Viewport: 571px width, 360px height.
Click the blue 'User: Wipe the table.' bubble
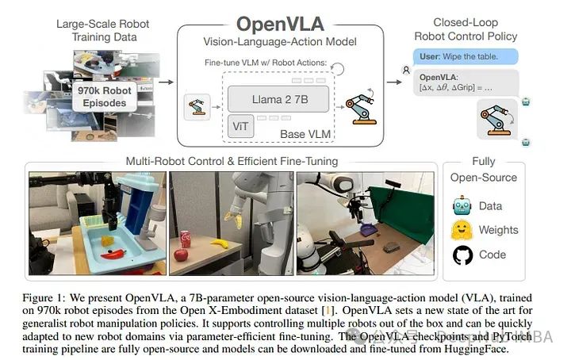coord(466,57)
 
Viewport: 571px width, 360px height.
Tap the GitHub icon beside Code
coord(462,255)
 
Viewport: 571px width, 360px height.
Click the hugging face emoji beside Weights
coord(462,231)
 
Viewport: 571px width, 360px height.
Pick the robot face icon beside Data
coord(462,206)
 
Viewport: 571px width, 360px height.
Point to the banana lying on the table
coord(220,244)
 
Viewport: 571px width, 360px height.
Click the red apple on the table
coord(181,255)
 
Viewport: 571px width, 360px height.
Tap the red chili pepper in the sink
coord(116,255)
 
